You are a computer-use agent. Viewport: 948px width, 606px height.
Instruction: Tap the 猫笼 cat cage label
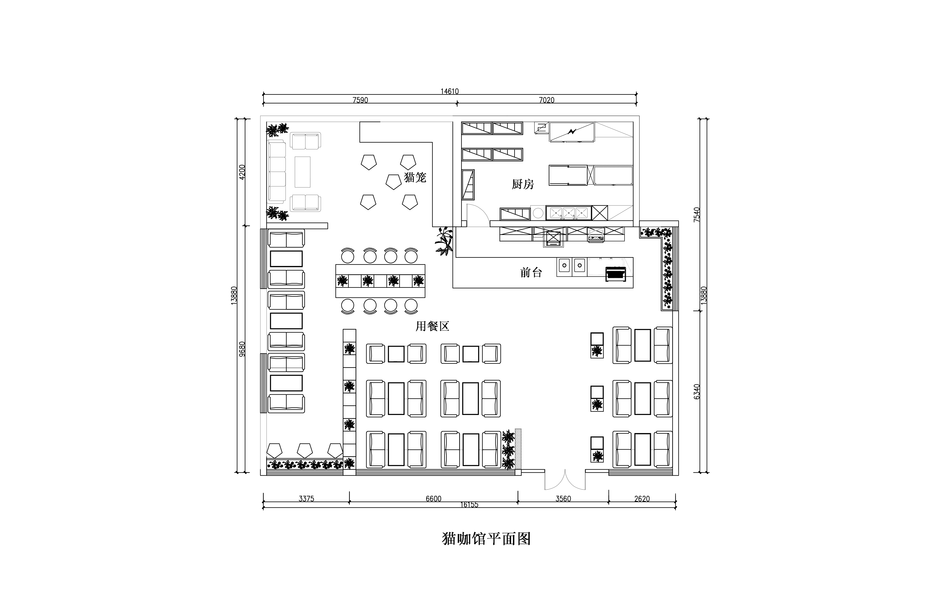(415, 177)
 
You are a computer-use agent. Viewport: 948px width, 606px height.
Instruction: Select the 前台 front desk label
(531, 272)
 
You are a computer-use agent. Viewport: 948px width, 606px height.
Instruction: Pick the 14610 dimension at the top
(450, 91)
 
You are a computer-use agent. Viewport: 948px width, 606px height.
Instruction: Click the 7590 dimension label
(360, 100)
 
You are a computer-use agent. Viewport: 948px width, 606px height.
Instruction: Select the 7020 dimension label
(546, 100)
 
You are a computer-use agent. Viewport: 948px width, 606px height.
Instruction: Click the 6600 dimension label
(433, 499)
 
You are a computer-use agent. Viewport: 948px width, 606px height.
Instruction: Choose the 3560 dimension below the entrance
(563, 499)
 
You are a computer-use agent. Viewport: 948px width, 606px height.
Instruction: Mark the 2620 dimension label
(642, 499)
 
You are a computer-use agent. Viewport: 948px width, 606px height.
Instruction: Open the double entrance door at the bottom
(565, 480)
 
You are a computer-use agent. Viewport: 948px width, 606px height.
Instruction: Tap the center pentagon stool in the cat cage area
(393, 182)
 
